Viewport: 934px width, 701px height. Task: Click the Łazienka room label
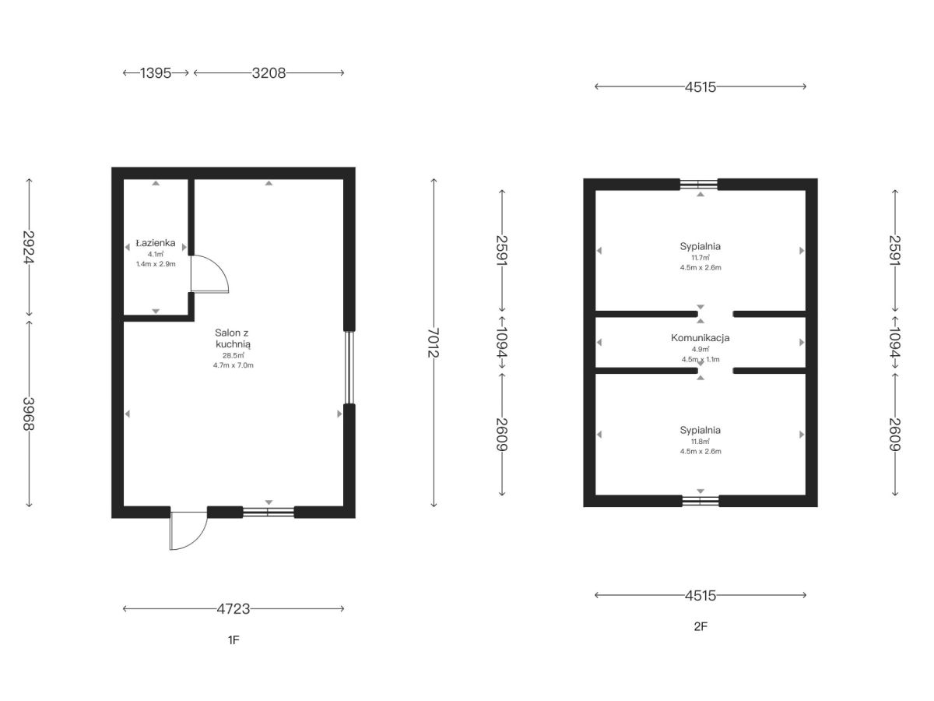pyautogui.click(x=156, y=243)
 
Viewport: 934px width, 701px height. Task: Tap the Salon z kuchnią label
pyautogui.click(x=233, y=338)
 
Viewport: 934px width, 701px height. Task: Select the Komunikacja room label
pyautogui.click(x=700, y=338)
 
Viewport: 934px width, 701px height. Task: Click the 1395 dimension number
pyautogui.click(x=156, y=73)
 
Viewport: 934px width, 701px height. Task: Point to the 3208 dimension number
pyautogui.click(x=269, y=73)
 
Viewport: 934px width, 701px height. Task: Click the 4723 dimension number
pyautogui.click(x=233, y=609)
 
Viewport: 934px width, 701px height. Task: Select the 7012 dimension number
pyautogui.click(x=434, y=343)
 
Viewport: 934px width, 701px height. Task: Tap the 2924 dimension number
pyautogui.click(x=29, y=247)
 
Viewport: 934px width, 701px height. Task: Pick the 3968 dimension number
pyautogui.click(x=29, y=414)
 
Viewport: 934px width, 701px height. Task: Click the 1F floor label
pyautogui.click(x=233, y=639)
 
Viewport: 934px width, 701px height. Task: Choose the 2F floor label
pyautogui.click(x=700, y=626)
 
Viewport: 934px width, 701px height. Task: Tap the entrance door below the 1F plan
pyautogui.click(x=188, y=531)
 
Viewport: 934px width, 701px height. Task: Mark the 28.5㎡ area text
pyautogui.click(x=233, y=356)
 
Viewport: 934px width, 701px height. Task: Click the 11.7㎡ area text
pyautogui.click(x=700, y=258)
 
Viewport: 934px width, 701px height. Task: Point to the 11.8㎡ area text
pyautogui.click(x=700, y=442)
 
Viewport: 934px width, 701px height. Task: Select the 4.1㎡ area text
pyautogui.click(x=156, y=255)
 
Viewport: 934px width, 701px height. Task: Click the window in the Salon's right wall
pyautogui.click(x=349, y=368)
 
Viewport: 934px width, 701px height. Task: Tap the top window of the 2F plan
pyautogui.click(x=698, y=185)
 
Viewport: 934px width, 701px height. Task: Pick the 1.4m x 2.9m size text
pyautogui.click(x=156, y=264)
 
